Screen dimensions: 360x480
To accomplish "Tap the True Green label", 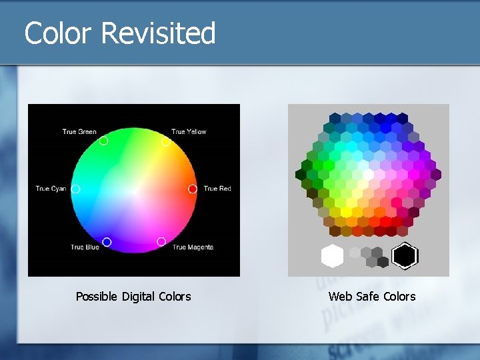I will [x=79, y=131].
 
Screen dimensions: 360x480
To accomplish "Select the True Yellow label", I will [x=189, y=131].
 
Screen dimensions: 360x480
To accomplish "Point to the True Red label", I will [x=217, y=189].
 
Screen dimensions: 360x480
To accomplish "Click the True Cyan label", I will [x=51, y=189].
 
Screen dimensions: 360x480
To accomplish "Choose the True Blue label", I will [x=85, y=247].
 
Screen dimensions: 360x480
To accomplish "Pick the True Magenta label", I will [x=193, y=247].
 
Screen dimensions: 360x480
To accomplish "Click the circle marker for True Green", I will [x=103, y=141].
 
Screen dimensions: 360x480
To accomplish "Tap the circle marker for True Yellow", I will [x=165, y=141].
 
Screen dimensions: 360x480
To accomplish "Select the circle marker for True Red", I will [x=193, y=189].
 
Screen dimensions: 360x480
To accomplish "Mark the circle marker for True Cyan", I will [x=75, y=189].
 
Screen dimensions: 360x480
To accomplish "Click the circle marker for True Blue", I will [x=107, y=242].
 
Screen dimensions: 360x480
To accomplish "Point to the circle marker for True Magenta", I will [x=161, y=241].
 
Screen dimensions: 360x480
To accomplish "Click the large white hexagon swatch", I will [x=332, y=256].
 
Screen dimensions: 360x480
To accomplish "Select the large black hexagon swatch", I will [x=405, y=256].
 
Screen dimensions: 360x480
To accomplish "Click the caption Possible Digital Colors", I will [x=133, y=297].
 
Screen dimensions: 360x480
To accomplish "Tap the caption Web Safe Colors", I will [x=371, y=297].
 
